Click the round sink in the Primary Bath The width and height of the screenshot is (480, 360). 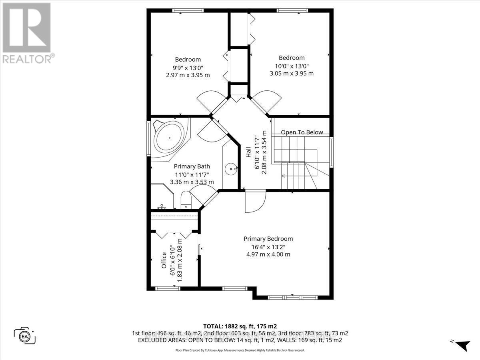[x=231, y=169]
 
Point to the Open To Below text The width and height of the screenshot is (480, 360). [x=302, y=132]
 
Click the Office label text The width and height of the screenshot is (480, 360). [x=164, y=260]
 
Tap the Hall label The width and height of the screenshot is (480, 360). [x=248, y=152]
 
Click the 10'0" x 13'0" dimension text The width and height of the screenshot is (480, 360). [x=292, y=66]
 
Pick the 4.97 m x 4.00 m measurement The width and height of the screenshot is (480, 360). [x=268, y=254]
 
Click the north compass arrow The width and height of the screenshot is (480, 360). [x=463, y=345]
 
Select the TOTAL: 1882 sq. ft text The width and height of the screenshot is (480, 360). [x=240, y=326]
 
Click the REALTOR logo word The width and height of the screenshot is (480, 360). [x=27, y=59]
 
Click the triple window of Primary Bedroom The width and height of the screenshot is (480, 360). [x=292, y=298]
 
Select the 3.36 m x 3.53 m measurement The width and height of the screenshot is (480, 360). [x=192, y=182]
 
